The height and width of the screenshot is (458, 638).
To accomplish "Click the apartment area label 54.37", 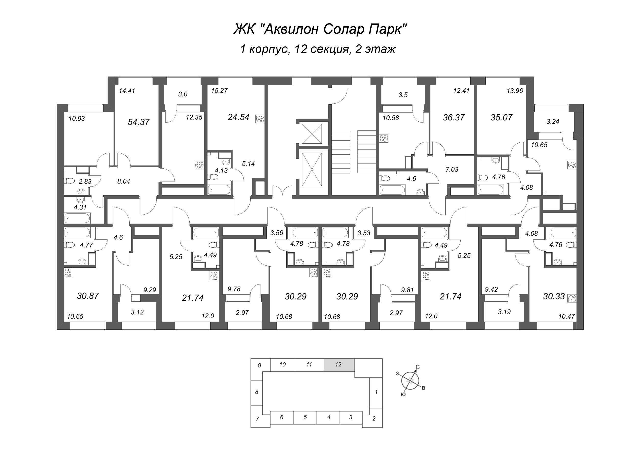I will coord(138,122).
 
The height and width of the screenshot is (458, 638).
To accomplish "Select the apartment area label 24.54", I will coord(238,117).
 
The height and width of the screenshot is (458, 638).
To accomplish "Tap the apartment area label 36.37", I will coord(453,118).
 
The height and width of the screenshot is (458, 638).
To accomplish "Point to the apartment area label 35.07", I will coord(501,118).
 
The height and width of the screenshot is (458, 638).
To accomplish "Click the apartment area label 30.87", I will coord(88,296).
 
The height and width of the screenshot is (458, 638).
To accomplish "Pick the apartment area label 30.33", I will coord(554,296).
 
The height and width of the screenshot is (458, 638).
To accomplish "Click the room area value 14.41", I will coord(127,91).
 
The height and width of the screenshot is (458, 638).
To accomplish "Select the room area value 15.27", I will coord(219,91).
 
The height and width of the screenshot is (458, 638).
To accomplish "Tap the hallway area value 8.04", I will coord(124,181).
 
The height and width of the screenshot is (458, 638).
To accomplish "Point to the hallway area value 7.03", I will coord(452,169).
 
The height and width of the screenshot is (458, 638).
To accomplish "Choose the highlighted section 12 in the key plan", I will coord(339,365).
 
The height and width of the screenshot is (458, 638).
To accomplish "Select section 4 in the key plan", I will coord(328,417).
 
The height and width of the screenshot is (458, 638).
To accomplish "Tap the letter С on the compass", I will coord(418,367).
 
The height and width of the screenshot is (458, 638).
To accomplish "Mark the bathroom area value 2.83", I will coord(85,182).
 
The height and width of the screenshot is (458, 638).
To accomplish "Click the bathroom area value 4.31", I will coord(80,207).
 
